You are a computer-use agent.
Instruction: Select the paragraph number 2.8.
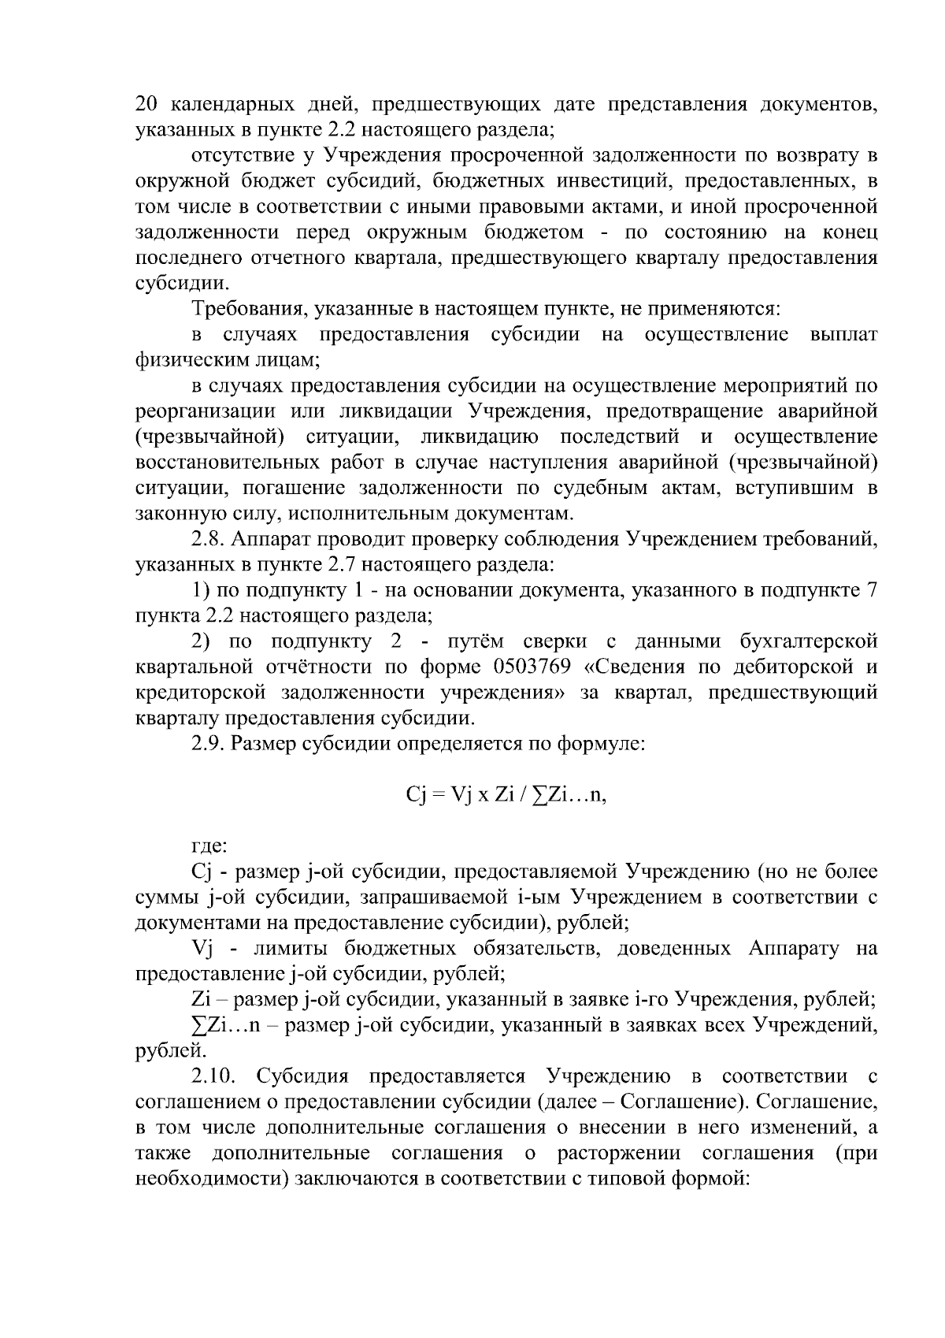point(209,539)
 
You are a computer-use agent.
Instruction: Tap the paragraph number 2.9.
point(209,744)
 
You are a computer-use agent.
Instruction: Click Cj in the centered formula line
point(416,796)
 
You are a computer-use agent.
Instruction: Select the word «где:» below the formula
point(209,846)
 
